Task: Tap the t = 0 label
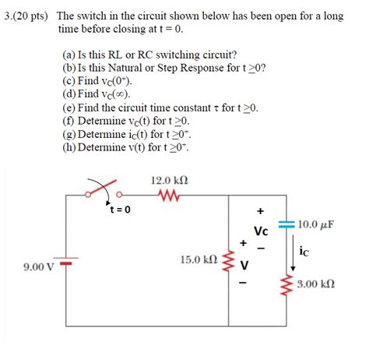121,210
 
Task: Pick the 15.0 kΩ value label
197,259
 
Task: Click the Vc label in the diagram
262,231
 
